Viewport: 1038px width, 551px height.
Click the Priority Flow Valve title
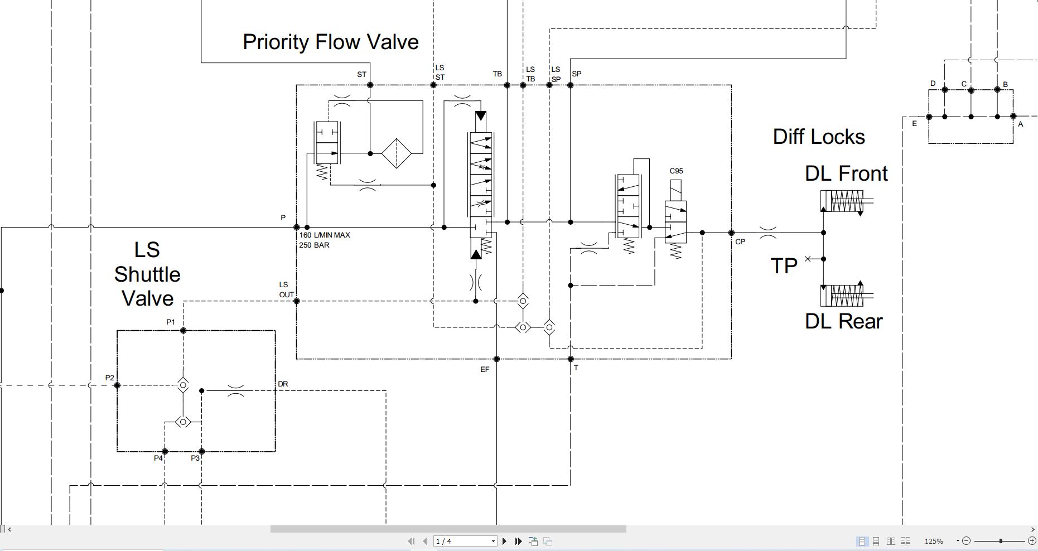point(330,42)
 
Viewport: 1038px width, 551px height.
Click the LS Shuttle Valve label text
point(147,274)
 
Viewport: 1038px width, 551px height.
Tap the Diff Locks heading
point(818,137)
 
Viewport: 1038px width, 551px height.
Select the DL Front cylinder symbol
point(842,201)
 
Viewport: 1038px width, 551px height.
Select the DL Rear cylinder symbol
point(842,296)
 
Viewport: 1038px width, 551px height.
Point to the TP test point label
point(784,266)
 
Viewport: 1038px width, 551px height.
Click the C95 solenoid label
point(676,171)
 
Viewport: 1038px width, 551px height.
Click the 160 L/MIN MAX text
point(325,235)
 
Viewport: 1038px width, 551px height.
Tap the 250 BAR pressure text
point(314,245)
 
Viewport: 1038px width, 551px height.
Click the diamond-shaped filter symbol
point(396,153)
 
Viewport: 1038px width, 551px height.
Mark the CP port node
point(731,233)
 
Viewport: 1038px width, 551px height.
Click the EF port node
point(496,359)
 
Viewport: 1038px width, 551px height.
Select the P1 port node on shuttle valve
point(183,331)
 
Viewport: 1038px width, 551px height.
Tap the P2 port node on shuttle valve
point(117,385)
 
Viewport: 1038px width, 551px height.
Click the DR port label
point(283,384)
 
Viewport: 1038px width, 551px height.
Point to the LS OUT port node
point(296,301)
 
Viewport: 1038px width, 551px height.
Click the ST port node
point(370,85)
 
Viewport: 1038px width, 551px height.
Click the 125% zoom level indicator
point(933,541)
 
